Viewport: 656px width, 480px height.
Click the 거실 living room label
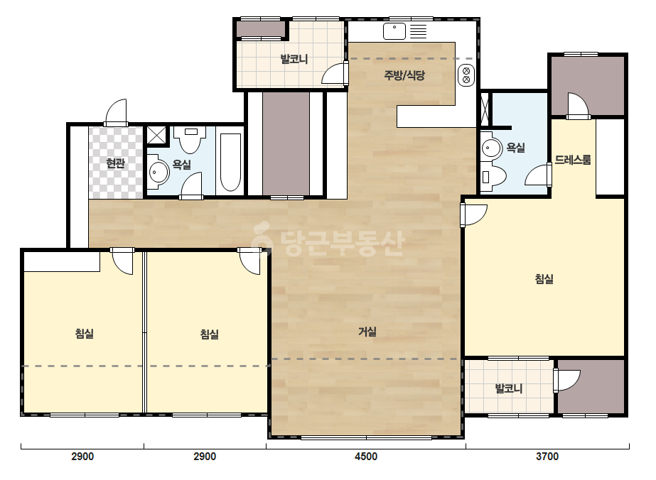367,332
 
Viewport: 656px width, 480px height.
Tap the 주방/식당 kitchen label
404,75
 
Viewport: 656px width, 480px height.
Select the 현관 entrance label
115,163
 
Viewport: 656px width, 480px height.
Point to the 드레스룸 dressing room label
573,160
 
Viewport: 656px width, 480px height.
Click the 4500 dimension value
366,456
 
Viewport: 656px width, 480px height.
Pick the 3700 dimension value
547,456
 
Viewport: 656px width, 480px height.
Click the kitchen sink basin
394,31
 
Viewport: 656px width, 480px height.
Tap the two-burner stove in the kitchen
466,75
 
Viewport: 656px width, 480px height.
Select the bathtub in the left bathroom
230,162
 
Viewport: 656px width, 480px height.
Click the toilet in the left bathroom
190,140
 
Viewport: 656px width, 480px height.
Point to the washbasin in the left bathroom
158,171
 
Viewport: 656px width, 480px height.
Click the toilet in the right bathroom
493,176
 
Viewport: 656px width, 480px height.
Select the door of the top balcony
334,74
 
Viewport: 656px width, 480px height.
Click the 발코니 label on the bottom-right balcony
509,388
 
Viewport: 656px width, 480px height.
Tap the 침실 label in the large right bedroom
544,278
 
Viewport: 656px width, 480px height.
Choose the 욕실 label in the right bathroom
515,147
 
